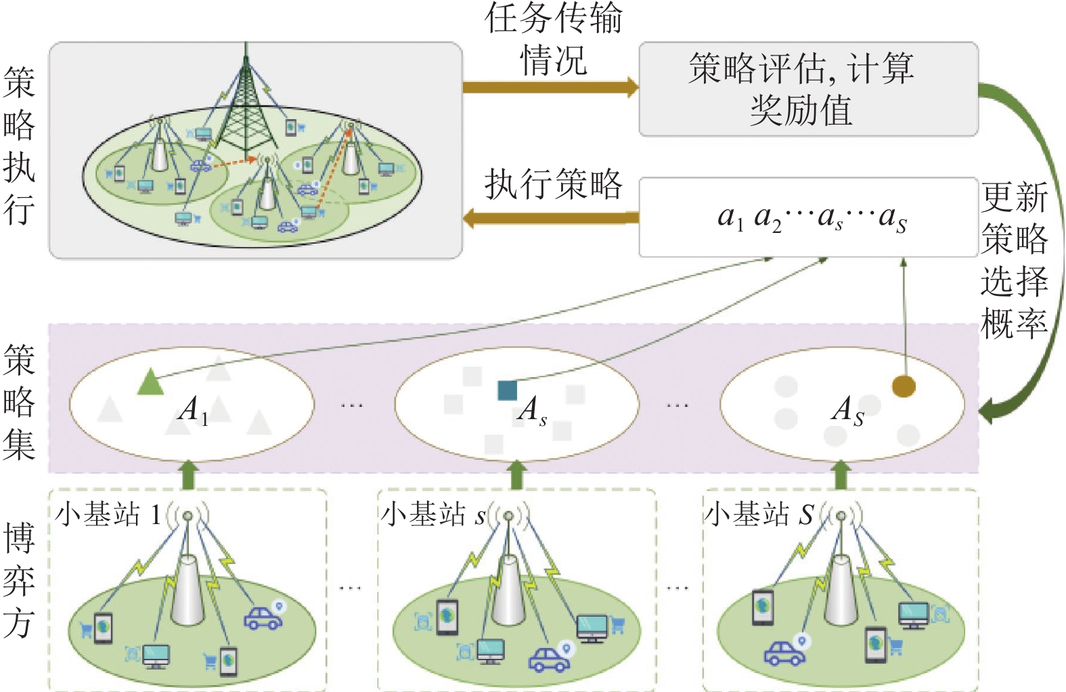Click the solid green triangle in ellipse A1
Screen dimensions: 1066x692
(150, 383)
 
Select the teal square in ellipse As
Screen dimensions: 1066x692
(508, 390)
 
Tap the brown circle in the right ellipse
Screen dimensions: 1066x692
(904, 386)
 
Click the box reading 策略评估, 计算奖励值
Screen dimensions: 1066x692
(809, 89)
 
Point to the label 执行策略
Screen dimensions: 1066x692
(554, 183)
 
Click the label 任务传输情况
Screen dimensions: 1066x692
(554, 39)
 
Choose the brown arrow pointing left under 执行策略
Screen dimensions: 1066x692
(551, 218)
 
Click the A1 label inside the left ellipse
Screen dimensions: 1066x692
(193, 410)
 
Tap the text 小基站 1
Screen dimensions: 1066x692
(108, 515)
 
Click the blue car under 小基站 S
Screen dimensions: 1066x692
(784, 653)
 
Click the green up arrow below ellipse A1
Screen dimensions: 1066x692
(188, 475)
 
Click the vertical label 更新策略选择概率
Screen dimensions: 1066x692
(1014, 260)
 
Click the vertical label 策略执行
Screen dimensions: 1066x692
(19, 145)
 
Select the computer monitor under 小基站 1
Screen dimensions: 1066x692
(156, 656)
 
